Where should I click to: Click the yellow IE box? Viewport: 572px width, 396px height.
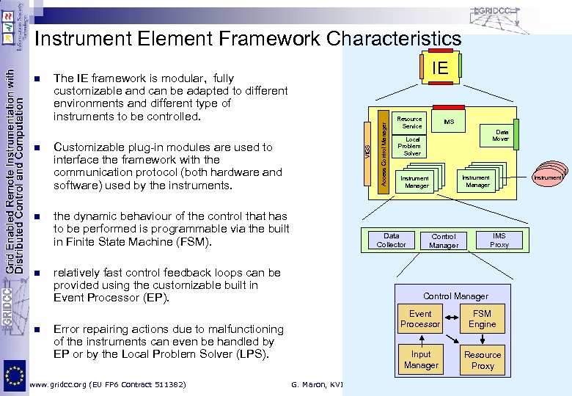click(x=441, y=68)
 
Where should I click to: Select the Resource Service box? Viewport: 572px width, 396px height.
click(x=409, y=122)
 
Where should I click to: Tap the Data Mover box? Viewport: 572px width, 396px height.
click(x=501, y=136)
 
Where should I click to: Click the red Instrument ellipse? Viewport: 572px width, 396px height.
click(x=548, y=177)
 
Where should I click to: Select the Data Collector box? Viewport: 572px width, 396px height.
click(x=391, y=240)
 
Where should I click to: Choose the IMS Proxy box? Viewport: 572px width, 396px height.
click(x=499, y=240)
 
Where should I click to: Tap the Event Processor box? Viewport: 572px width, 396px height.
click(x=420, y=318)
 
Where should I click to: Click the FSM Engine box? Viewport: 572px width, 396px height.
click(x=482, y=318)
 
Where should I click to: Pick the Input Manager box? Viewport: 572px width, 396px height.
click(x=421, y=359)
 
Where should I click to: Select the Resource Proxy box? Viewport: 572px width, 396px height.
click(x=482, y=359)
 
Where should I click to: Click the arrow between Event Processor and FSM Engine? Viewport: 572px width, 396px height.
click(x=451, y=318)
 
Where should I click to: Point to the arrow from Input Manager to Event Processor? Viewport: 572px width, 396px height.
click(x=421, y=338)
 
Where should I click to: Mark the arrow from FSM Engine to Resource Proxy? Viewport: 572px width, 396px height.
click(x=482, y=338)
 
